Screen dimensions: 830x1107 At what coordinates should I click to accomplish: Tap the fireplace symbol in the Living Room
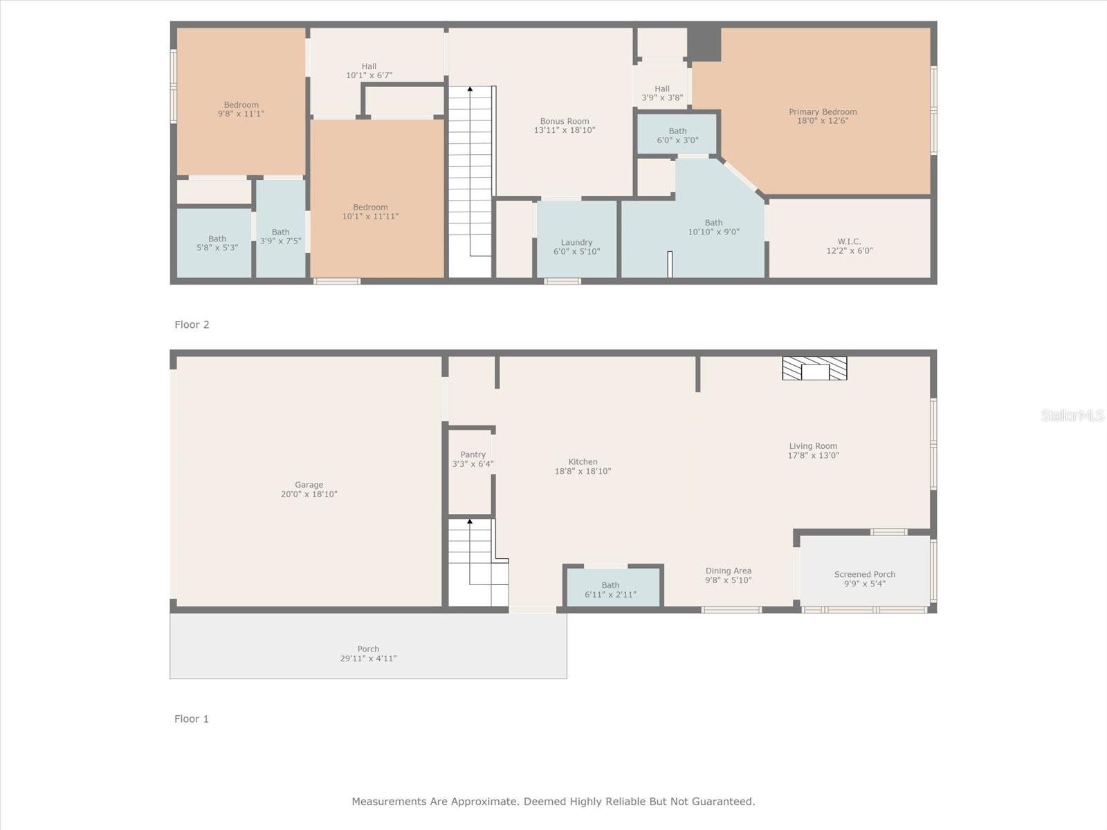coord(814,369)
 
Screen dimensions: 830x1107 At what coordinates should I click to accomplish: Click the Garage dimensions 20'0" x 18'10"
coord(309,495)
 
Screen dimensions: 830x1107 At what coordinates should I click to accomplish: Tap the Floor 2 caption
coord(192,324)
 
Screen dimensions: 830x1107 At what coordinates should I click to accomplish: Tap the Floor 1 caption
coord(192,719)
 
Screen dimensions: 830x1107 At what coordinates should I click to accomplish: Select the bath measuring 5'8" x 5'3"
coord(217,243)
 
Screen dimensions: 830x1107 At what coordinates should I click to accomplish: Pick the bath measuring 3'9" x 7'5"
coord(280,237)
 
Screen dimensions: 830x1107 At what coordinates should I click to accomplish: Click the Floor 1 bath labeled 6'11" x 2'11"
coord(610,590)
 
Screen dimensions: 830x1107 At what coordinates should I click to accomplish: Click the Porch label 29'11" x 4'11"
coord(368,654)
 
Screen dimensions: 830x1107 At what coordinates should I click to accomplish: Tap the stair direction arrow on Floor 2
coord(470,89)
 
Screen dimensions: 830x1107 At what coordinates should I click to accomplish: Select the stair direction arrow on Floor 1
coord(470,522)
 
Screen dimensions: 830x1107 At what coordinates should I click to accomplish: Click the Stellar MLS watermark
coord(1072,415)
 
